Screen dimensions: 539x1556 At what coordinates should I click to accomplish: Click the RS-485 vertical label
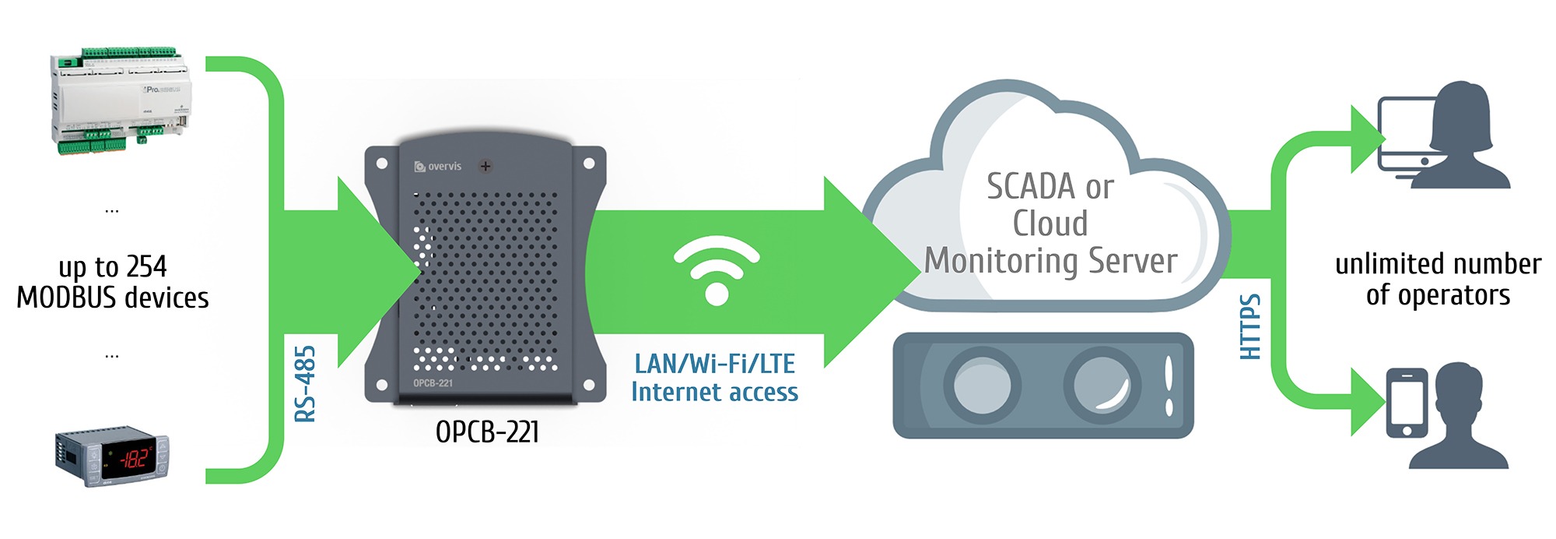pyautogui.click(x=306, y=383)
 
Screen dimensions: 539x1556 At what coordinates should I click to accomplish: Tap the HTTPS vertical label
pyautogui.click(x=1249, y=326)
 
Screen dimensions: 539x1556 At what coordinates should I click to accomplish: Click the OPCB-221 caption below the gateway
pyautogui.click(x=487, y=432)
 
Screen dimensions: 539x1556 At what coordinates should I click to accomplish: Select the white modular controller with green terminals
pyautogui.click(x=121, y=100)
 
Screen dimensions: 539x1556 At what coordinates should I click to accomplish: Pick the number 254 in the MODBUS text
pyautogui.click(x=146, y=267)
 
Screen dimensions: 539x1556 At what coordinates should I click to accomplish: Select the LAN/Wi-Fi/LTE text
pyautogui.click(x=714, y=364)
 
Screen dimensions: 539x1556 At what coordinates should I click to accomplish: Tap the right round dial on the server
pyautogui.click(x=1102, y=384)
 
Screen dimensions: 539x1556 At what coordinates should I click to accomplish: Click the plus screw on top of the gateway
pyautogui.click(x=485, y=166)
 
